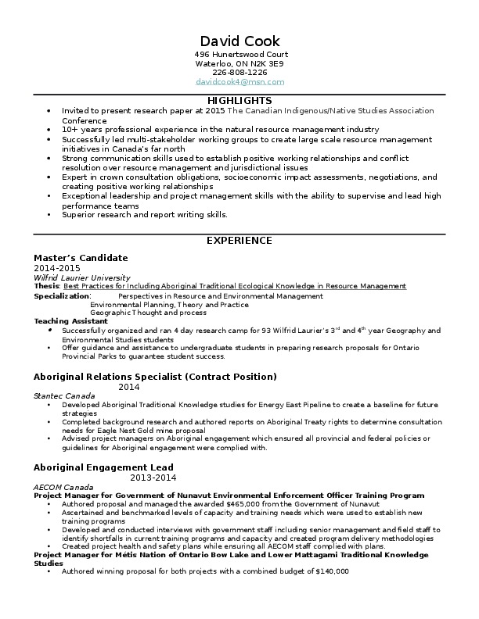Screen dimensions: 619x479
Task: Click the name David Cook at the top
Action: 239,41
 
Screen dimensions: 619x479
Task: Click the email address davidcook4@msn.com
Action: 239,82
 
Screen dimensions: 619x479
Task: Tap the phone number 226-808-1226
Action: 239,73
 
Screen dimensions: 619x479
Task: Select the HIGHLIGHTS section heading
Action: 239,101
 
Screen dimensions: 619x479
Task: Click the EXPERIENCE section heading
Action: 239,241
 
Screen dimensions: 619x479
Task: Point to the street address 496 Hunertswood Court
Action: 239,54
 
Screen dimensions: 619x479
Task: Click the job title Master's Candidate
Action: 81,258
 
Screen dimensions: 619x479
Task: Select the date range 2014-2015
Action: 56,268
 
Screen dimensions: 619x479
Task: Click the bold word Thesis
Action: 46,287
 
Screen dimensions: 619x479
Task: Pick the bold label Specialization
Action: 62,296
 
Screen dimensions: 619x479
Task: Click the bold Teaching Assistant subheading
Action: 70,321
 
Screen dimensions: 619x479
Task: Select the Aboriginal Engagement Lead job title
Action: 103,467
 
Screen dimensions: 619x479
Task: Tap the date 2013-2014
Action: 153,478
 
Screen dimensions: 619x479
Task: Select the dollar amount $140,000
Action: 331,571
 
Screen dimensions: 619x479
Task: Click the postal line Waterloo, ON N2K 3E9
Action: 239,63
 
